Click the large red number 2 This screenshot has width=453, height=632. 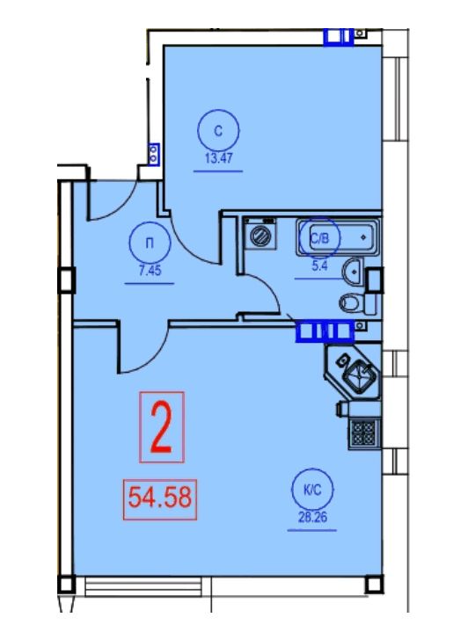[x=162, y=427]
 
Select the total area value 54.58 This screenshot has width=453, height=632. [x=160, y=497]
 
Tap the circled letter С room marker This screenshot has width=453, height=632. [x=218, y=131]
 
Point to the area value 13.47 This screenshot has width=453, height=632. [x=219, y=157]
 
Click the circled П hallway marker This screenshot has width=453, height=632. [x=150, y=243]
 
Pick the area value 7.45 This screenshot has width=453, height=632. [x=150, y=270]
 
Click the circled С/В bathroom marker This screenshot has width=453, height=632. [x=319, y=238]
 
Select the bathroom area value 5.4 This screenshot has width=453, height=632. [x=319, y=265]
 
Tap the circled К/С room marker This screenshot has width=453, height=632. [x=312, y=490]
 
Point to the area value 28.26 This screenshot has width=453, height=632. [x=312, y=517]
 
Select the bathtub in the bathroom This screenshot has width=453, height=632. [x=338, y=237]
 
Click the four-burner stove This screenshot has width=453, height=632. [x=364, y=432]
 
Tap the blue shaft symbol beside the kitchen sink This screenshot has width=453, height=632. [x=325, y=331]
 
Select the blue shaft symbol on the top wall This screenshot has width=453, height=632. [x=339, y=37]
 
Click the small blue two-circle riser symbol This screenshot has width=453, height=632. [x=153, y=154]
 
